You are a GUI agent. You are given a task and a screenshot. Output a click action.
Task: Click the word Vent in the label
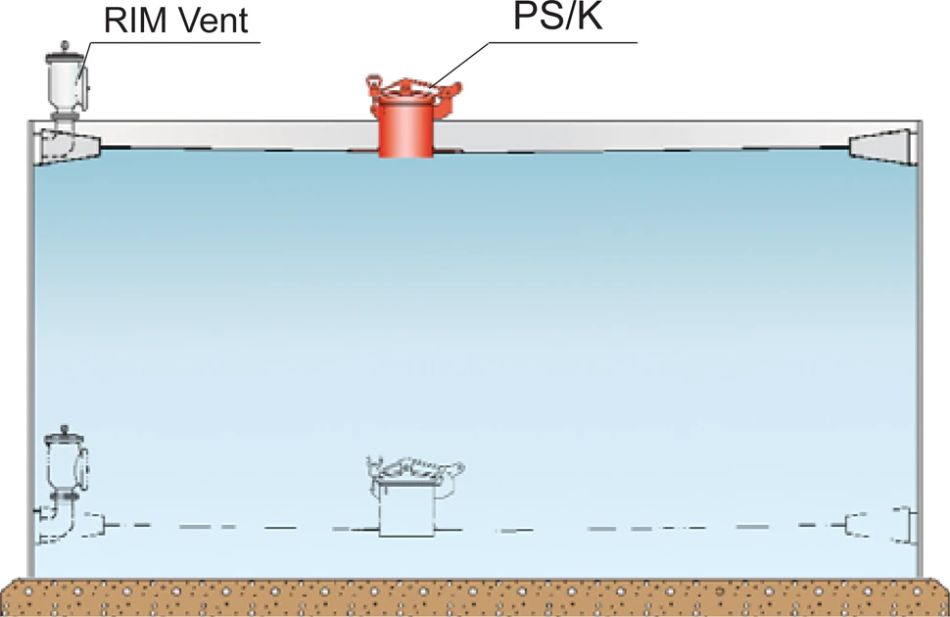point(218,21)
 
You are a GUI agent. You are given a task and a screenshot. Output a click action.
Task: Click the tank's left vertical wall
point(29,343)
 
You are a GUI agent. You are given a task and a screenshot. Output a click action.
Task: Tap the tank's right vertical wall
point(920,343)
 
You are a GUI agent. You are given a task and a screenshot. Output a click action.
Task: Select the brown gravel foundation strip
point(475,597)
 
